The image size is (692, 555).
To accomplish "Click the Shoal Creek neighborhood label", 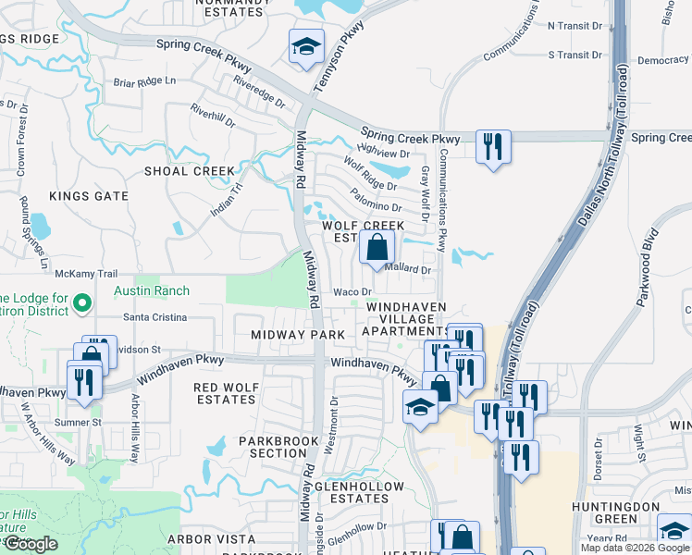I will (190, 171).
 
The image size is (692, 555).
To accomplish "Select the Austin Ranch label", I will (151, 291).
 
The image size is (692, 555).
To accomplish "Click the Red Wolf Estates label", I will (225, 393).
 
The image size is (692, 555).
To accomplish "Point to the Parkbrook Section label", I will (272, 447).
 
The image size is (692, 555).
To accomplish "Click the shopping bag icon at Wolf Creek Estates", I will (377, 248).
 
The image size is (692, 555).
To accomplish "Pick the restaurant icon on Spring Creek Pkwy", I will (493, 146).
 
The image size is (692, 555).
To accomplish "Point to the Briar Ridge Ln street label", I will (143, 80).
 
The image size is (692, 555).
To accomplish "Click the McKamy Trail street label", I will (86, 274).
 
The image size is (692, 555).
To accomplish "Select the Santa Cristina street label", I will (154, 317).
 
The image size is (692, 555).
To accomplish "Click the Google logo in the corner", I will (31, 544).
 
